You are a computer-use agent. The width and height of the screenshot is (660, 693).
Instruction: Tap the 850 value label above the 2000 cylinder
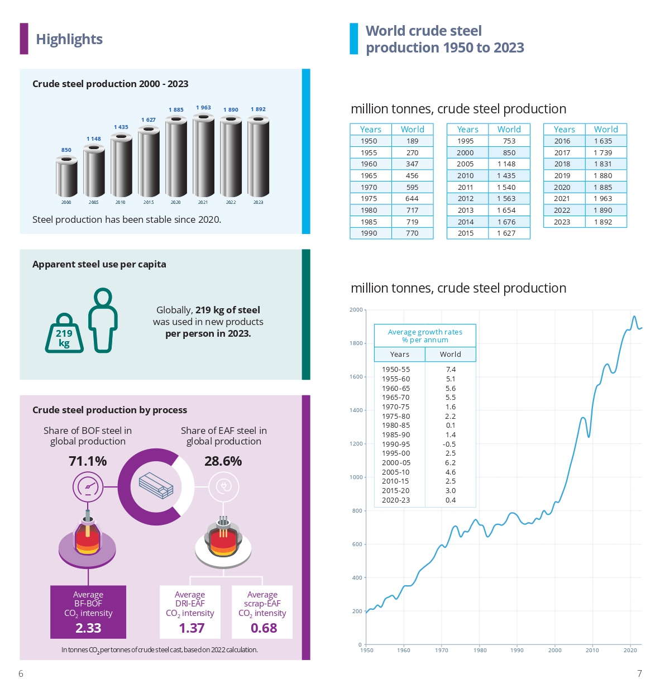(66, 150)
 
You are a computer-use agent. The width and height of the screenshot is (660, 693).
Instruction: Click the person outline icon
(103, 320)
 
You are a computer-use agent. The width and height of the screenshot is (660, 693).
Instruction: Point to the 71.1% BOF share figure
(88, 461)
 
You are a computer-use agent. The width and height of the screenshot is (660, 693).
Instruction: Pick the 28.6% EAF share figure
(223, 461)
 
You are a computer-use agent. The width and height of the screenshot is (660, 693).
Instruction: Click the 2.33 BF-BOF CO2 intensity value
(88, 628)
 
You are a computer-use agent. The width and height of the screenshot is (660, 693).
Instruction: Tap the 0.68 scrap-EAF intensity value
(264, 628)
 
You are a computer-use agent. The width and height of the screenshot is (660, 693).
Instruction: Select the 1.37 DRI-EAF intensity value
(192, 628)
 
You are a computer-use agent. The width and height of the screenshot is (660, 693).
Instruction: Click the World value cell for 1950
(412, 141)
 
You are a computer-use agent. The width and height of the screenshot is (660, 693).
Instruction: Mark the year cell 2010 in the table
(465, 176)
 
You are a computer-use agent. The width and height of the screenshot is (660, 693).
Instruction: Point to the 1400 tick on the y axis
(356, 410)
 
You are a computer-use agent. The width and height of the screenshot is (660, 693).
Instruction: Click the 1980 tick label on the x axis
(480, 650)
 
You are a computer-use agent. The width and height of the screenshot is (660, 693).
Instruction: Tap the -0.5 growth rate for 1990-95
(449, 445)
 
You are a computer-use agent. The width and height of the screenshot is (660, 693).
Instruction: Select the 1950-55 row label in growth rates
(396, 370)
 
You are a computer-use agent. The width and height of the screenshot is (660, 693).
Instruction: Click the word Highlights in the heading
(69, 39)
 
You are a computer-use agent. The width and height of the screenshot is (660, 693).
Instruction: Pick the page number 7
(639, 673)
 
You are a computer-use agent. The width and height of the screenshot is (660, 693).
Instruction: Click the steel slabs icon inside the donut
(156, 485)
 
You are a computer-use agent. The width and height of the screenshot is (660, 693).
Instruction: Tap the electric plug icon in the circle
(224, 486)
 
